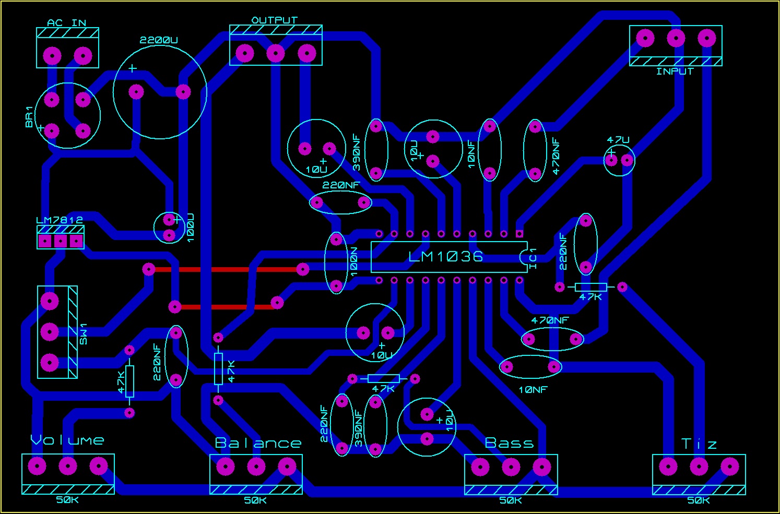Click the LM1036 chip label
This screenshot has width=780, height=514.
[x=445, y=256]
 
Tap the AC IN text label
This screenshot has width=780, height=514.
[x=66, y=23]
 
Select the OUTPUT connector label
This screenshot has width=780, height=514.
[x=275, y=20]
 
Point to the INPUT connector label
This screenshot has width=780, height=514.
[x=675, y=71]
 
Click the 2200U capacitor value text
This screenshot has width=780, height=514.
[x=159, y=40]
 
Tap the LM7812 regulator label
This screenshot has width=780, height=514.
[x=60, y=220]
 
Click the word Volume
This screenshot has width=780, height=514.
[x=67, y=440]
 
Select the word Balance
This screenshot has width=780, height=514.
[x=258, y=443]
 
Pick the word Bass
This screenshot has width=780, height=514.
[x=509, y=443]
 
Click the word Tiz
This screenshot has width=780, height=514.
[x=699, y=444]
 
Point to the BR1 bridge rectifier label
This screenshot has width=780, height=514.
[x=29, y=117]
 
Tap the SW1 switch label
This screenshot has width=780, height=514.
[x=84, y=334]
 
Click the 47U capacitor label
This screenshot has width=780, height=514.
[x=618, y=140]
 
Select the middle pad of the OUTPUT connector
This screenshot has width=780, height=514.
[x=275, y=53]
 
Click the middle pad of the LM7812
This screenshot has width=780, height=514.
[x=61, y=241]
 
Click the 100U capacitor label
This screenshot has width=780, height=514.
[x=190, y=227]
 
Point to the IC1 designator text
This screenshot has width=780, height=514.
[x=533, y=258]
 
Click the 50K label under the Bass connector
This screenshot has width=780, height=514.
[x=511, y=500]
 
